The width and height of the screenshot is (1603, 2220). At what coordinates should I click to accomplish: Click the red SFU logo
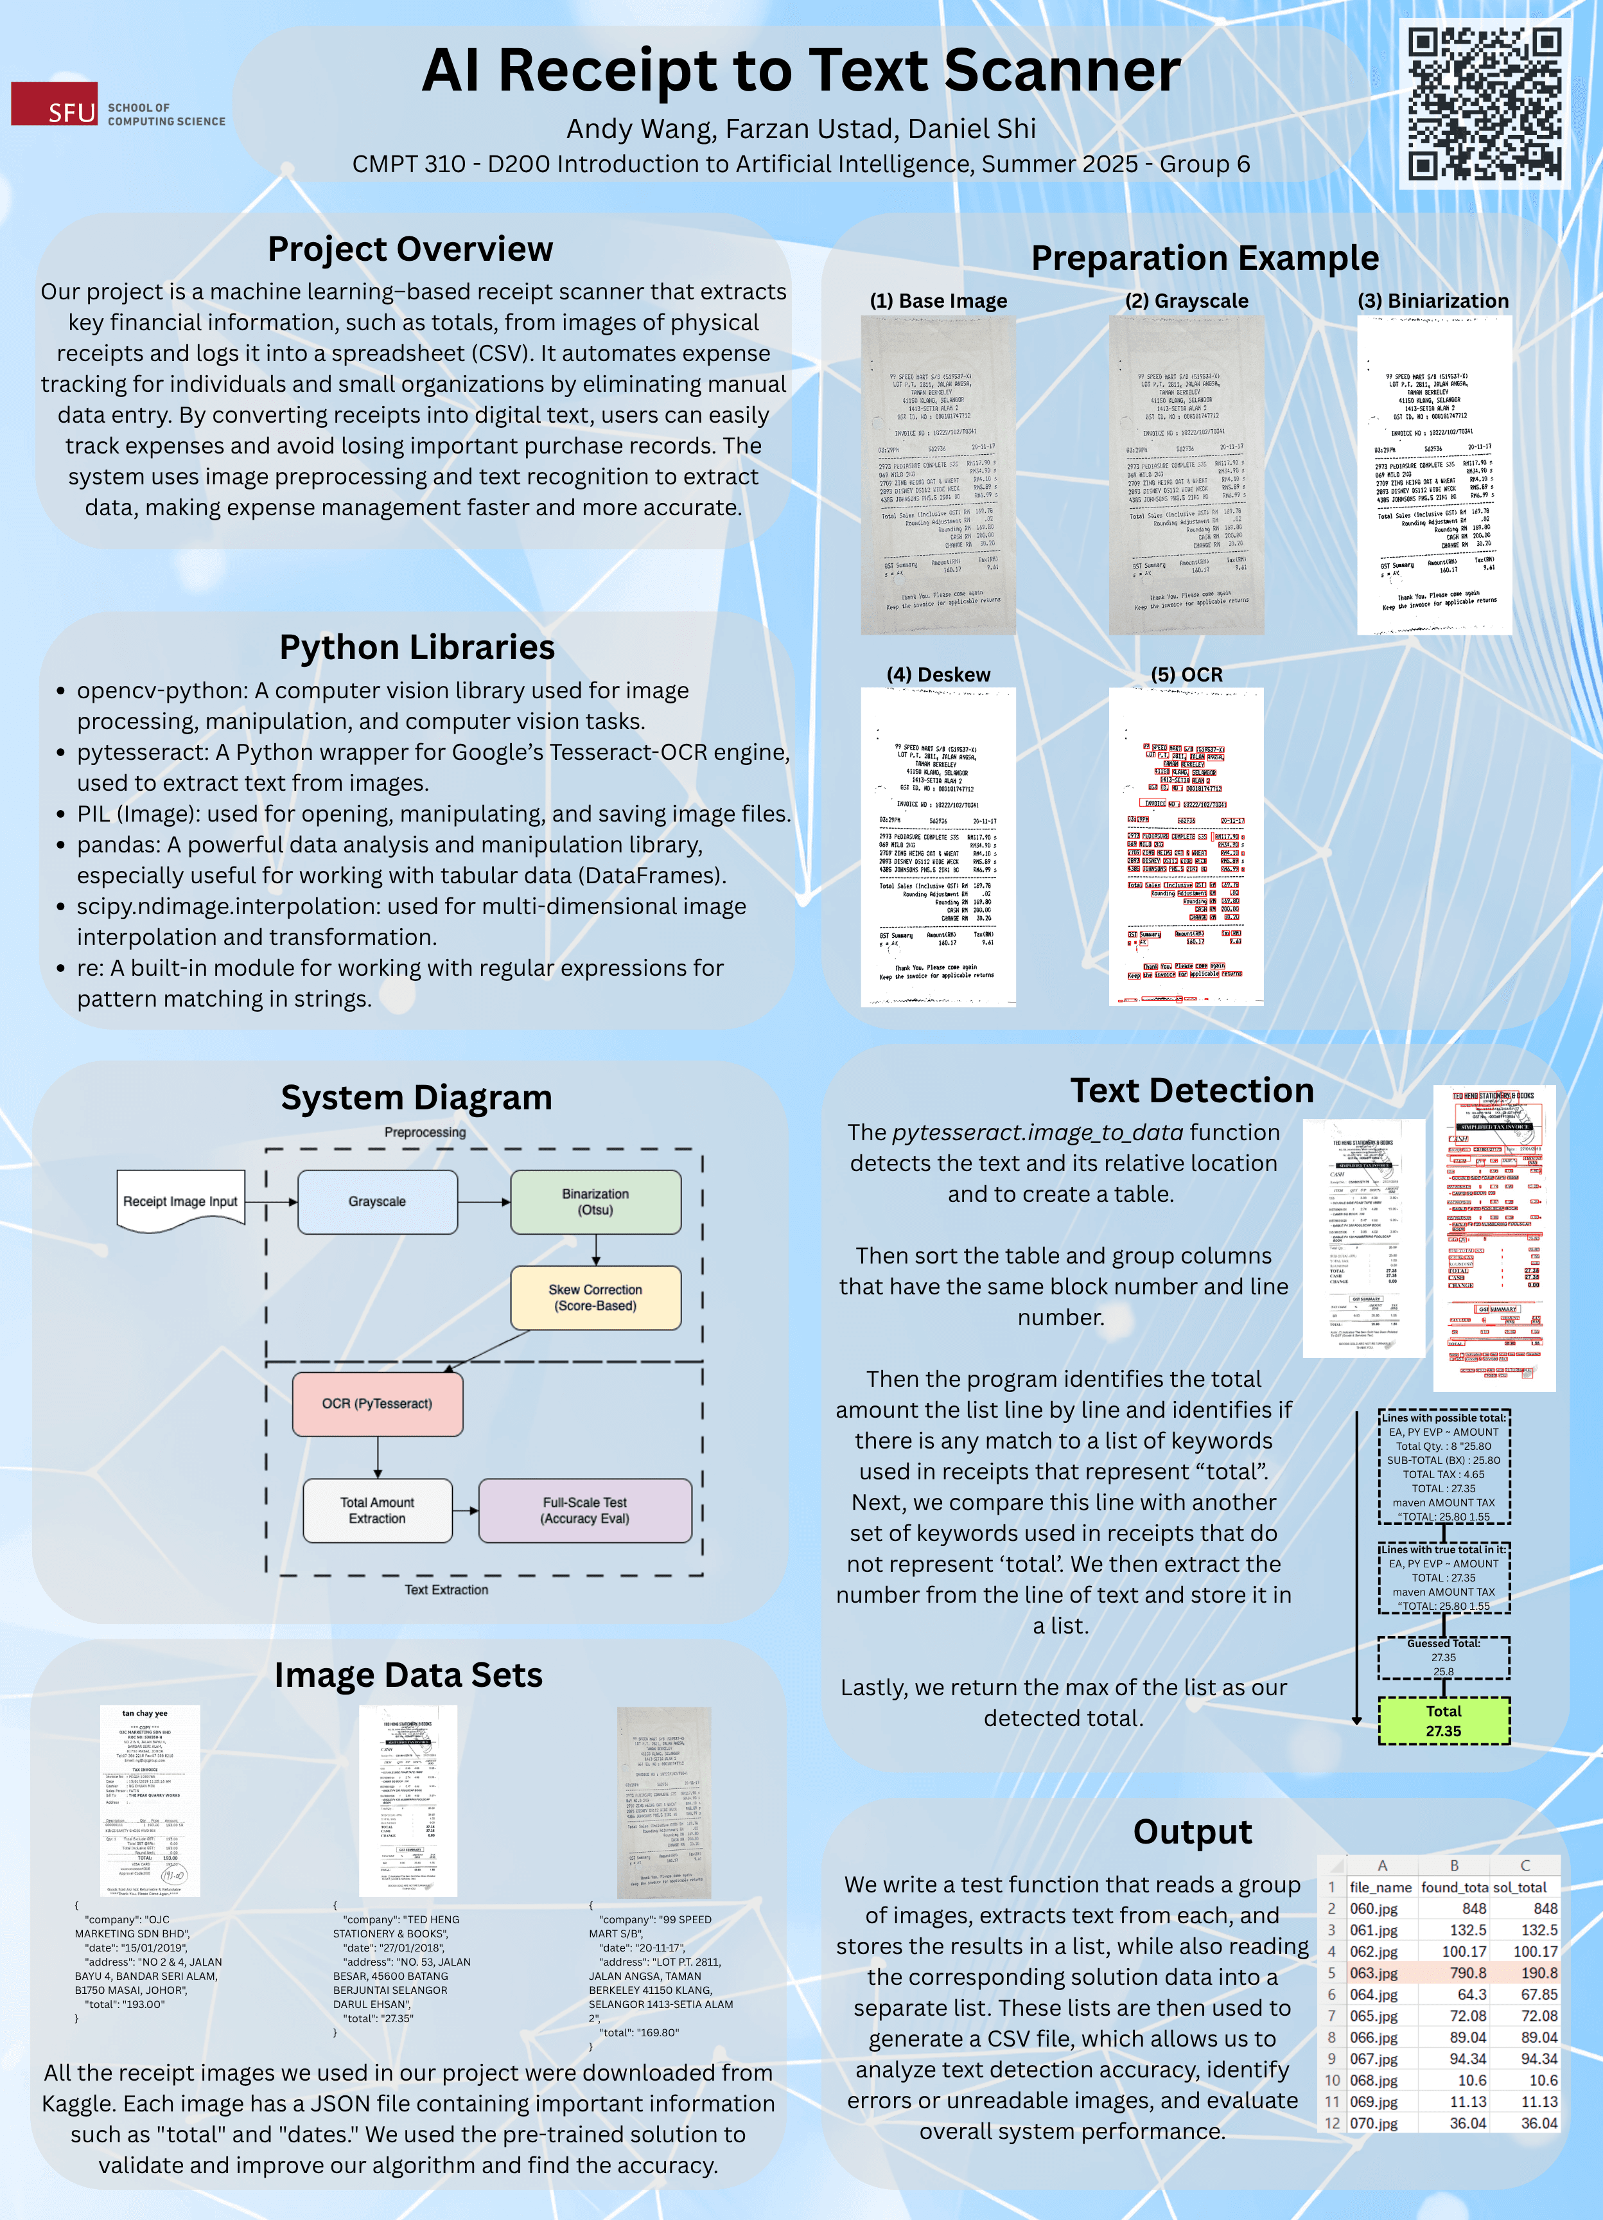[54, 104]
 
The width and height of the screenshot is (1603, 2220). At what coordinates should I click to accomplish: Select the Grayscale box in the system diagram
[377, 1201]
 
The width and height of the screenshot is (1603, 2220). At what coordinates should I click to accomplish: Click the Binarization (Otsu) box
[595, 1201]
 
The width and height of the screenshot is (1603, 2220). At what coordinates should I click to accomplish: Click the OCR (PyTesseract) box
[377, 1403]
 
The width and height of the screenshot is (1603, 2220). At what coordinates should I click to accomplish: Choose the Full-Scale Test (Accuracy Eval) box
[584, 1510]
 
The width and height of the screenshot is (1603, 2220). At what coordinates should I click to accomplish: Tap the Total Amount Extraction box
[377, 1510]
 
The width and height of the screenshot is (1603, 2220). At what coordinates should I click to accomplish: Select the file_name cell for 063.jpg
[1374, 1972]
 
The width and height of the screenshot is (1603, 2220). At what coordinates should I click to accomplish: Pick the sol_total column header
[1519, 1887]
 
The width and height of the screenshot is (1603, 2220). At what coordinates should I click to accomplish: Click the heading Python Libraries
[417, 647]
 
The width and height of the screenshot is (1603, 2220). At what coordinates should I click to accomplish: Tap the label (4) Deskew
[938, 674]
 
